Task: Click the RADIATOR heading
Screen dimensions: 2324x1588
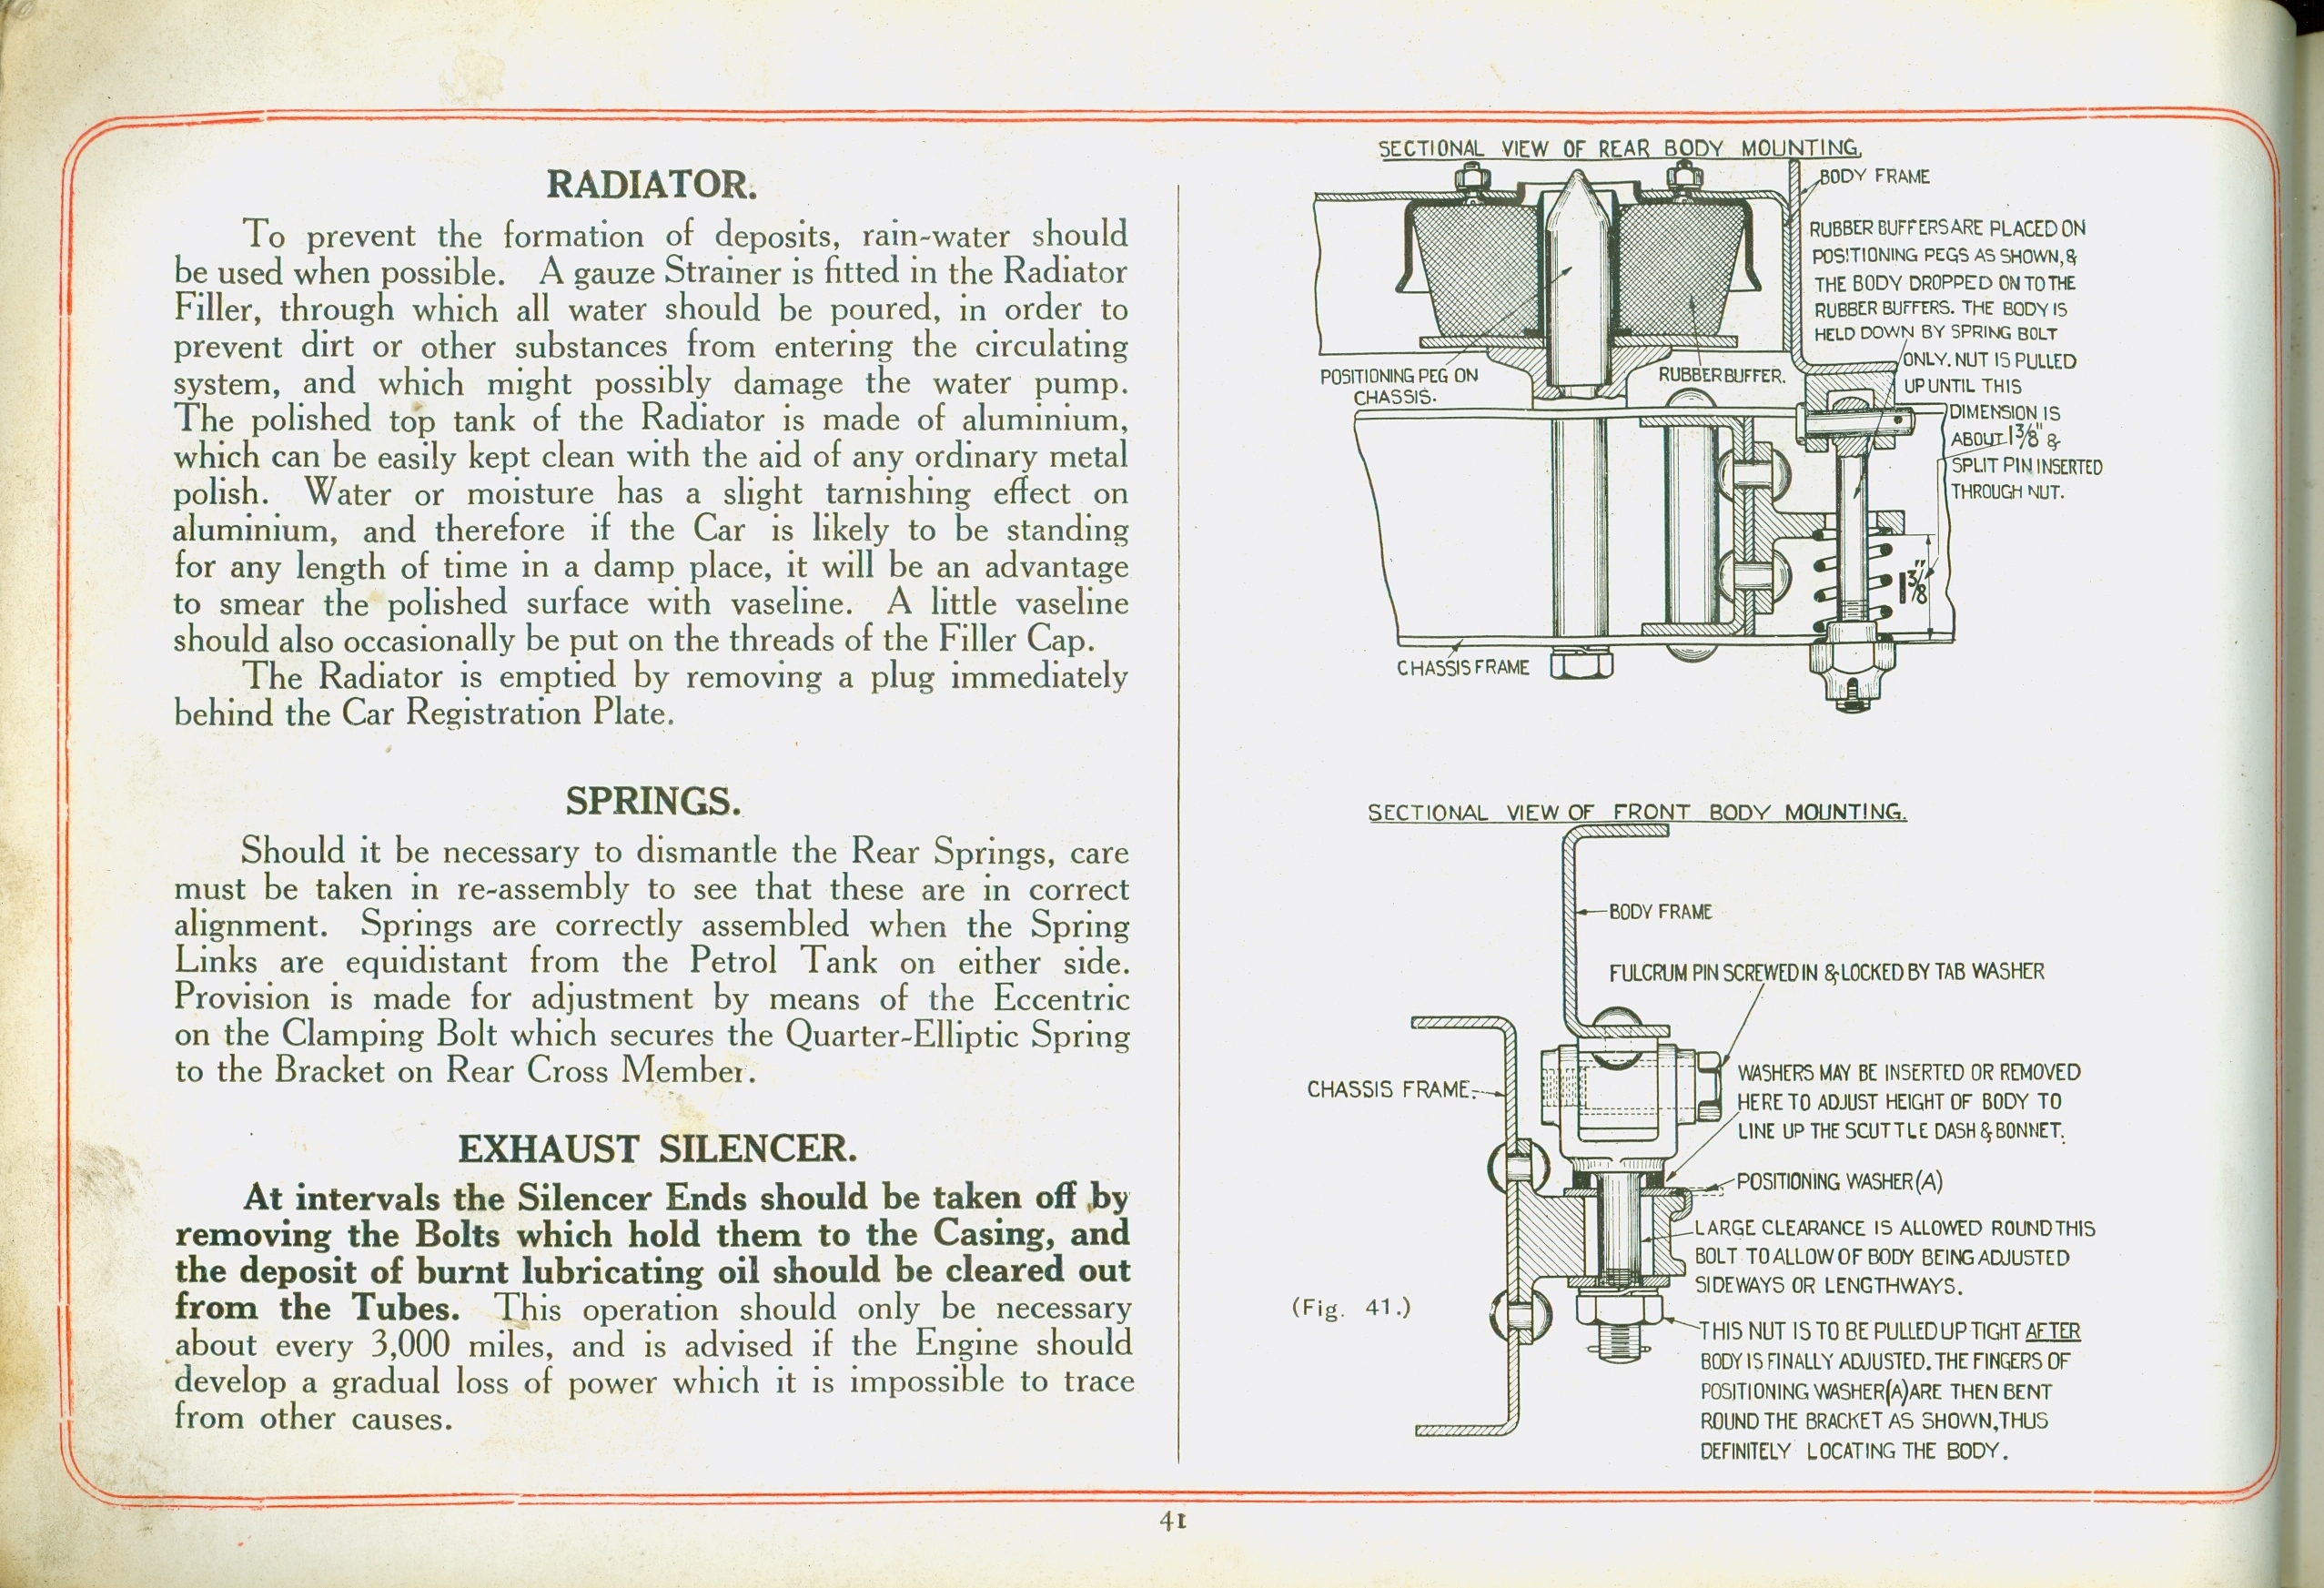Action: [x=651, y=185]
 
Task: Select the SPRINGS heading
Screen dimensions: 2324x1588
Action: [x=653, y=801]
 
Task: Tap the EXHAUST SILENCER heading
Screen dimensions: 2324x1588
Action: [x=657, y=1149]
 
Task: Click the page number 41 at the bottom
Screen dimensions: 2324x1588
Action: [x=1172, y=1520]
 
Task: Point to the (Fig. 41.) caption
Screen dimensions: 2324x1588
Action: [x=1351, y=1307]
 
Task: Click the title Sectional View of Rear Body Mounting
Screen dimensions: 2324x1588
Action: [x=1619, y=149]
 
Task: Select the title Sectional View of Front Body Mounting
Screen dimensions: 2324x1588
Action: [x=1637, y=812]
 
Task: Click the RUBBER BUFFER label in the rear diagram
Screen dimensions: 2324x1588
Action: [x=1721, y=376]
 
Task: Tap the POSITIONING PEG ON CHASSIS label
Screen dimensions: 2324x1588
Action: [x=1398, y=386]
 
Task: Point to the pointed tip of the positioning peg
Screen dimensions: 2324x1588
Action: [x=1577, y=173]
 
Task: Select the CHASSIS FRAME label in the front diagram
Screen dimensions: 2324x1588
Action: [x=1388, y=1089]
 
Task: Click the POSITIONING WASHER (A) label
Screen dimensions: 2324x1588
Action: [x=1839, y=1181]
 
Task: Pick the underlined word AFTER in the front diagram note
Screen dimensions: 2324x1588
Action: [x=2052, y=1331]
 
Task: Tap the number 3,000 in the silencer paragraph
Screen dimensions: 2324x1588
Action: [x=410, y=1344]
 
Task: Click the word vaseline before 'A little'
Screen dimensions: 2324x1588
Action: [x=791, y=603]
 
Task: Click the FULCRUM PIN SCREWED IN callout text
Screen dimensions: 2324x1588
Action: [x=1826, y=972]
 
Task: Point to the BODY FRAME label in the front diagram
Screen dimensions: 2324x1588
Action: [x=1660, y=912]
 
